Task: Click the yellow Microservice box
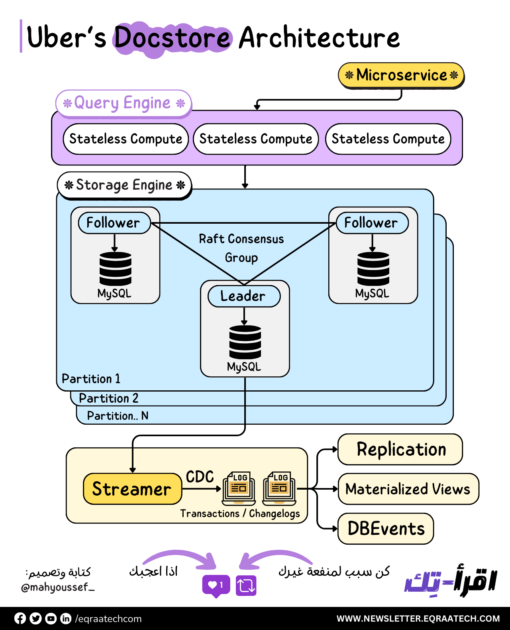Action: tap(401, 75)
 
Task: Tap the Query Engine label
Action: tap(124, 103)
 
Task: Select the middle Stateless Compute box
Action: tap(256, 139)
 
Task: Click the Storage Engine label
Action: tap(124, 185)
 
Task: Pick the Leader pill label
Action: tap(244, 296)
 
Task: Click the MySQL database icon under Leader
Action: tap(245, 342)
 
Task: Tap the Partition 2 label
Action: tap(108, 398)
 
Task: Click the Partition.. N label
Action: tap(118, 416)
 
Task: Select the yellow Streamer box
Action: tap(132, 489)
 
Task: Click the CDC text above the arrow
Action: tap(200, 477)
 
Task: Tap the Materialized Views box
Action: tap(408, 489)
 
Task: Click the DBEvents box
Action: tap(386, 529)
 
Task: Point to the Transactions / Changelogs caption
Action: tap(240, 514)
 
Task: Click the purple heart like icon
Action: tap(216, 585)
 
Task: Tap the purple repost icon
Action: tap(246, 585)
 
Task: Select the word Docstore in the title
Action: tap(173, 38)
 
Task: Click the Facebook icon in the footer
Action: tap(20, 618)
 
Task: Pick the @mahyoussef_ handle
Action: tap(58, 587)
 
